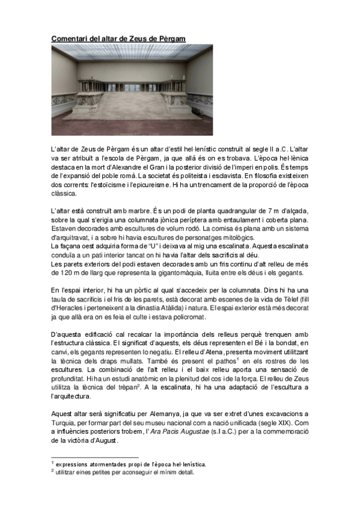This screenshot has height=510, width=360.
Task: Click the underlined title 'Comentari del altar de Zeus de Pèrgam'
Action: [x=118, y=38]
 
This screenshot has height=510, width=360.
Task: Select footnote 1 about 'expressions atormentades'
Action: [x=130, y=464]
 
